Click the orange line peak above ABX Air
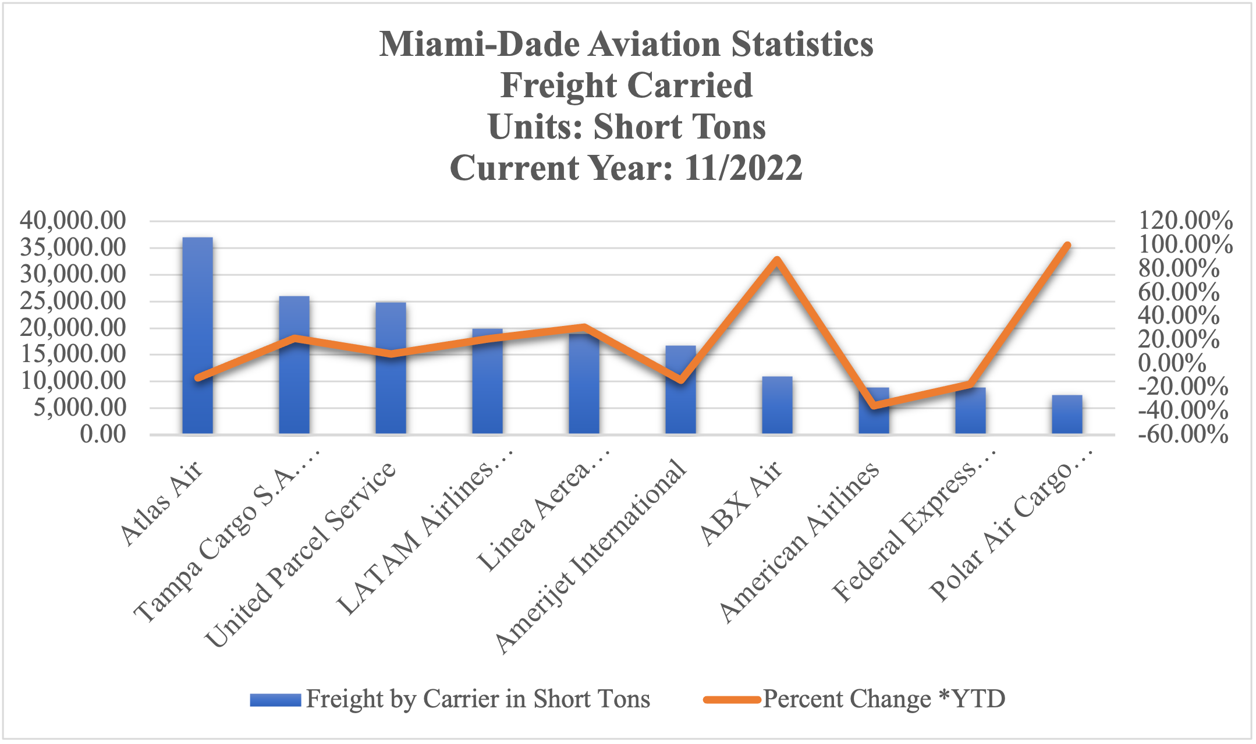(776, 260)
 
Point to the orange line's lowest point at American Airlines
(873, 406)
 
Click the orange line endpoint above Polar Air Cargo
(1067, 246)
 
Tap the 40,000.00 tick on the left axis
(73, 221)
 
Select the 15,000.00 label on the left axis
(73, 354)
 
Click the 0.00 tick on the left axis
(103, 434)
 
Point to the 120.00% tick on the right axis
(1185, 221)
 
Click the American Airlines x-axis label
(799, 541)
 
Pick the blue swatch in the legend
(275, 699)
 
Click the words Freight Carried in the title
(626, 86)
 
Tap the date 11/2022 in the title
(743, 168)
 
